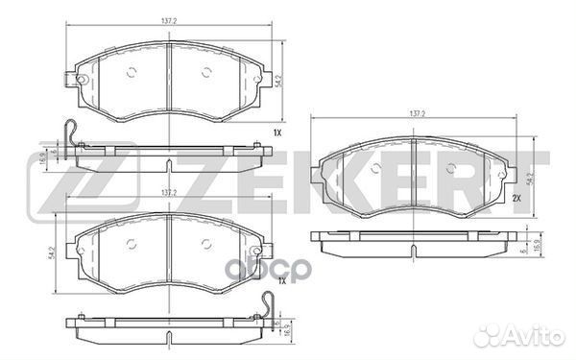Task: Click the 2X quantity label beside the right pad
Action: click(516, 198)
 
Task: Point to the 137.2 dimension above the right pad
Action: click(418, 113)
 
